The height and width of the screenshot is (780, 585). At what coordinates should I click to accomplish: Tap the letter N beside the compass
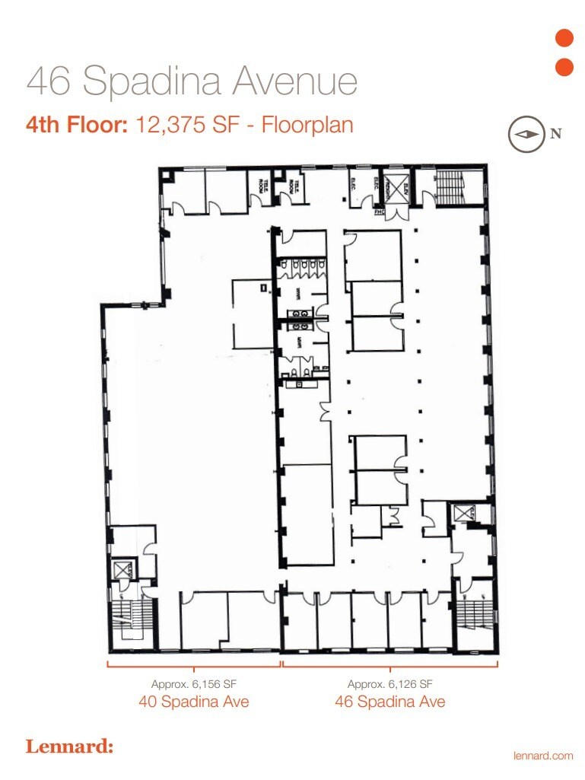coord(556,134)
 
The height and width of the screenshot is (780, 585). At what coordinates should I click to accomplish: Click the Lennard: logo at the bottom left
coord(69,747)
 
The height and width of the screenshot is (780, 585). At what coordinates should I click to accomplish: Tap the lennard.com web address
coord(543,755)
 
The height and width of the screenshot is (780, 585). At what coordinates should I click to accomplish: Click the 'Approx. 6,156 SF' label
coord(194,683)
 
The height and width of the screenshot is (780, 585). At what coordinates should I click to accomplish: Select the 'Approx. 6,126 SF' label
coord(390,683)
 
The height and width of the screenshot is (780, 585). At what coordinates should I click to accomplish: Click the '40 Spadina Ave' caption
coord(194,701)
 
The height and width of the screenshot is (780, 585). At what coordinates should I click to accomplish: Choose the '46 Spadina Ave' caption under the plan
coord(390,701)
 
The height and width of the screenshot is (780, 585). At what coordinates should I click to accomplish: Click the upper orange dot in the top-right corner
coord(564,38)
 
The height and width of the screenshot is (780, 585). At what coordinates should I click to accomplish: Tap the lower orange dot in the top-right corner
coord(564,67)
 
